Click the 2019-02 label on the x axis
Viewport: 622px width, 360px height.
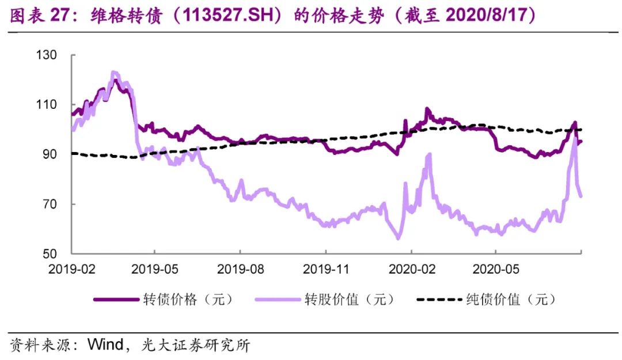pos(71,268)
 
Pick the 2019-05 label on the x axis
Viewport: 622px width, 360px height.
pos(154,268)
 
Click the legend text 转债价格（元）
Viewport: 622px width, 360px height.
pos(188,300)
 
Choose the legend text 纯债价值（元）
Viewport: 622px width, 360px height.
pos(510,300)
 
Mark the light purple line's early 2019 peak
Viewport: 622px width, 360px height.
pos(113,73)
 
